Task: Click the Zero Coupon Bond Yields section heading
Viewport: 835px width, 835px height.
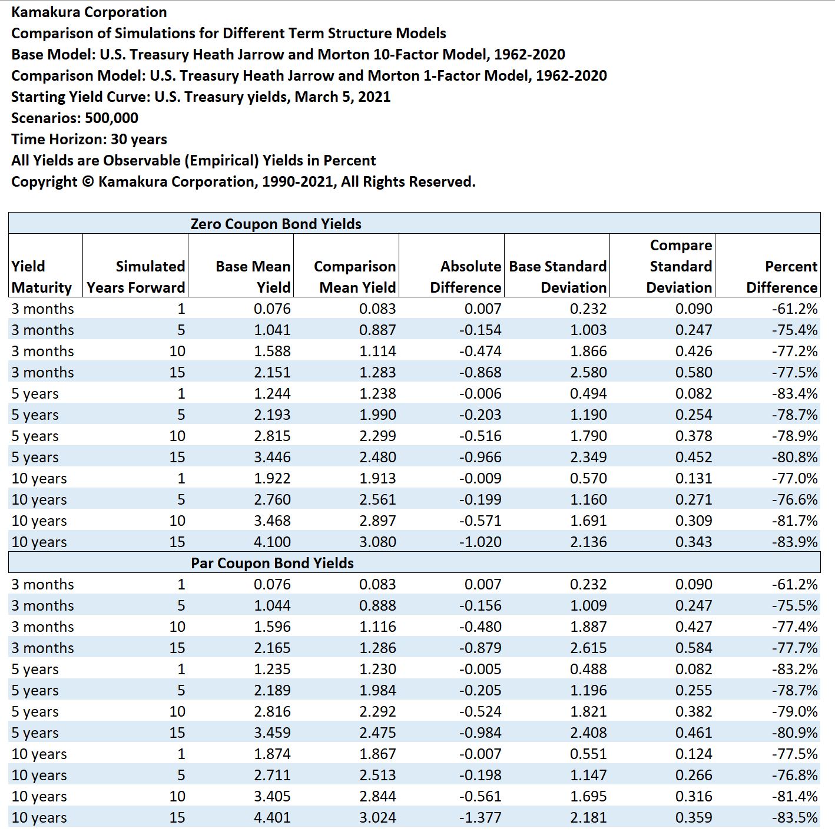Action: pos(276,224)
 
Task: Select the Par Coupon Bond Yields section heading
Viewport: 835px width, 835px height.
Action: pos(272,563)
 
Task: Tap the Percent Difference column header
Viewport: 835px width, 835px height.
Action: pos(781,276)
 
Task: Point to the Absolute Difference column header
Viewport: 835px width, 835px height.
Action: pos(465,276)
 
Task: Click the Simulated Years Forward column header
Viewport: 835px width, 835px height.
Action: pos(135,276)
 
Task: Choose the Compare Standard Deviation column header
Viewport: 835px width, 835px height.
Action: pos(679,266)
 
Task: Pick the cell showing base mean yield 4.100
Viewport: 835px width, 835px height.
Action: pos(272,542)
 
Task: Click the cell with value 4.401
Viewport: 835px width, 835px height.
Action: pos(272,817)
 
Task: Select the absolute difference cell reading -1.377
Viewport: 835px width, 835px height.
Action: pos(480,817)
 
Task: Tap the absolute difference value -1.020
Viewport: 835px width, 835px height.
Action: pos(480,542)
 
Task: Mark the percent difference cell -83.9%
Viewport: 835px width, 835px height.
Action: pos(795,542)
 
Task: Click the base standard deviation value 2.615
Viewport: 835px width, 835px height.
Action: pos(588,648)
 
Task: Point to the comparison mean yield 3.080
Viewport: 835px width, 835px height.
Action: pos(377,542)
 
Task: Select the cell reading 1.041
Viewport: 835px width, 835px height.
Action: pos(272,330)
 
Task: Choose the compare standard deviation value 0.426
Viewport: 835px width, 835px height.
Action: pos(694,351)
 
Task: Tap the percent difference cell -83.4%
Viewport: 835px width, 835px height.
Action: pos(795,393)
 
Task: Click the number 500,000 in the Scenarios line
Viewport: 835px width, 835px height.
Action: pos(111,118)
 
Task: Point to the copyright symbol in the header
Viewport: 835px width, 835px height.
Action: pos(88,181)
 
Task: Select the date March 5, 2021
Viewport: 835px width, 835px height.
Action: pos(342,97)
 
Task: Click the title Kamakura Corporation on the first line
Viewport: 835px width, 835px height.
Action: pos(89,12)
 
